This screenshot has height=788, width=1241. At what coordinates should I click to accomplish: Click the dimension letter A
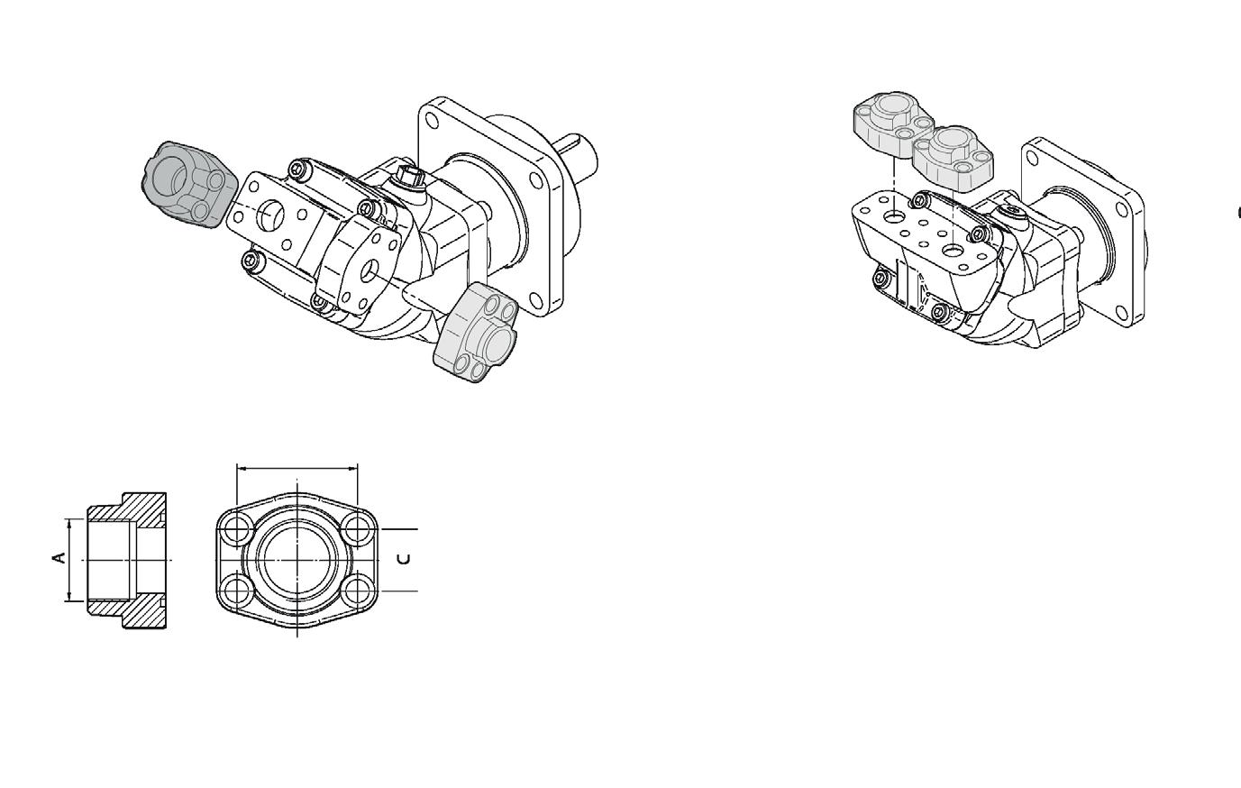tap(59, 558)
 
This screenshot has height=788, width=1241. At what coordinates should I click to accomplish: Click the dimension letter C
tap(405, 559)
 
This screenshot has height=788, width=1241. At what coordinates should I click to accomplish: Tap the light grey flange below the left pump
tap(476, 333)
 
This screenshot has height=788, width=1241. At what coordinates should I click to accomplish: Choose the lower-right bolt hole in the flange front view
tap(358, 591)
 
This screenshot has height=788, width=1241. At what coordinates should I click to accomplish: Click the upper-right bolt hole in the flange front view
tap(358, 528)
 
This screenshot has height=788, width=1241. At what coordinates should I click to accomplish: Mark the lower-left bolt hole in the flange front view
tap(236, 591)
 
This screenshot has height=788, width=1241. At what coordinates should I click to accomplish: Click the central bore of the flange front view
tap(297, 560)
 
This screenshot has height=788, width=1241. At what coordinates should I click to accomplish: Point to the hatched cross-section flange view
tap(127, 560)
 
